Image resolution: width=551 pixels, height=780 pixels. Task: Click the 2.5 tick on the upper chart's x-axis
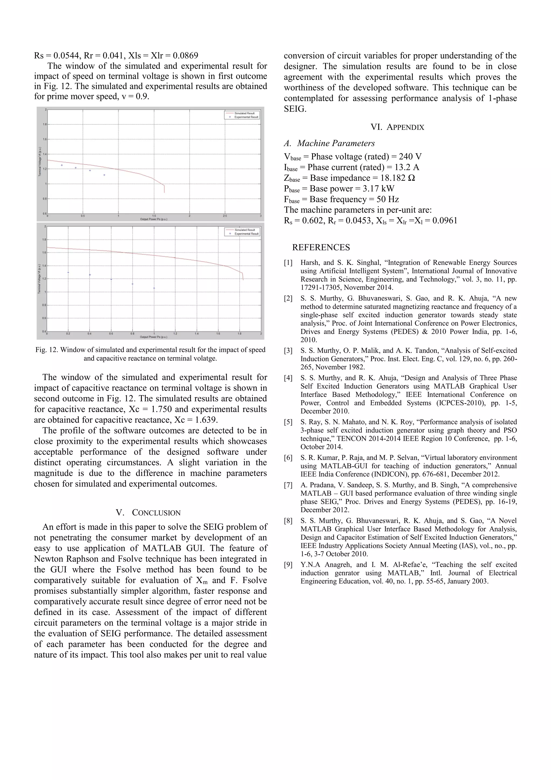pyautogui.click(x=225, y=216)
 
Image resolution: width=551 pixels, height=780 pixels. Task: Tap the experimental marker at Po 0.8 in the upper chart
pyautogui.click(x=104, y=175)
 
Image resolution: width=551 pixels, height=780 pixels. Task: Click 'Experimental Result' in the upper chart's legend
pyautogui.click(x=246, y=117)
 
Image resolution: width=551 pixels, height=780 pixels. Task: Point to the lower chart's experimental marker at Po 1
pyautogui.click(x=154, y=288)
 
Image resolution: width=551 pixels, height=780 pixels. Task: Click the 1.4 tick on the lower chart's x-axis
pyautogui.click(x=196, y=334)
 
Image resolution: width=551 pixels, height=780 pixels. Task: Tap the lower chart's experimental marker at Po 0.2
pyautogui.click(x=68, y=272)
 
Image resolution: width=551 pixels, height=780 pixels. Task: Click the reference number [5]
pyautogui.click(x=288, y=422)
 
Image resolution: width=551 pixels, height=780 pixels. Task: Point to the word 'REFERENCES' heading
pyautogui.click(x=321, y=247)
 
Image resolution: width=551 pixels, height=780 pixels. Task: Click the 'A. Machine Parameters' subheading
pyautogui.click(x=330, y=143)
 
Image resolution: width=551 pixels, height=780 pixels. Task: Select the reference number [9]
pyautogui.click(x=288, y=565)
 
